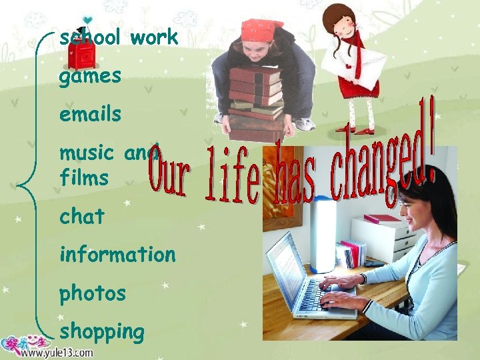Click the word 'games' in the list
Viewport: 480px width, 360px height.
91,77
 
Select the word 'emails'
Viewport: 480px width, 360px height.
91,114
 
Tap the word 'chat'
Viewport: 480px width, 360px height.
82,216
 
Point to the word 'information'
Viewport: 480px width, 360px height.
117,254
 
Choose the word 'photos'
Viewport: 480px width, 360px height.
93,293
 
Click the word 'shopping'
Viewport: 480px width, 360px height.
102,331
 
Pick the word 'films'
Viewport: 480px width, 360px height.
84,178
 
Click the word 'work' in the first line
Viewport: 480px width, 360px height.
155,37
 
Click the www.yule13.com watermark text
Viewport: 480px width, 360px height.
56,353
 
